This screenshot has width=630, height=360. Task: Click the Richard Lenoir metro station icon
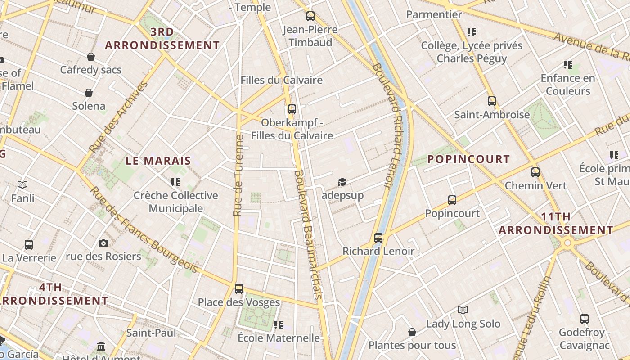[x=378, y=238]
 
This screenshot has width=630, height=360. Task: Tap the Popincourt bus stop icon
[x=452, y=200]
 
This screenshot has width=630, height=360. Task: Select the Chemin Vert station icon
[x=535, y=172]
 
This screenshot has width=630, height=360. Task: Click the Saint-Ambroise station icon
[x=492, y=101]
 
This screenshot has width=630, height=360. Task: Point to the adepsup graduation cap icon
[x=342, y=182]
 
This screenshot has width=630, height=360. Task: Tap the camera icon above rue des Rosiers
[x=103, y=243]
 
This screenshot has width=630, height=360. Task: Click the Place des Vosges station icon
[x=239, y=289]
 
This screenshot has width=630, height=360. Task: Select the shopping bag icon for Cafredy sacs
[x=91, y=57]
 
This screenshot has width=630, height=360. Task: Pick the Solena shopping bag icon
[x=89, y=93]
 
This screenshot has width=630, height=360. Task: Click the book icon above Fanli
[x=22, y=184]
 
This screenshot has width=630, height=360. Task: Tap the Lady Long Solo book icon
[x=463, y=310]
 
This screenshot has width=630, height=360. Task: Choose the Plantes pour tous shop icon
[x=412, y=332]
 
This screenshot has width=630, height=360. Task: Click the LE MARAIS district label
[x=158, y=161]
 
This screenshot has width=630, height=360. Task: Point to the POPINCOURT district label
[x=468, y=159]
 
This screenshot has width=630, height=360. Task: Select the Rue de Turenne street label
[x=238, y=175]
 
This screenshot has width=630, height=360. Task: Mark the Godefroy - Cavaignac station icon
[x=584, y=319]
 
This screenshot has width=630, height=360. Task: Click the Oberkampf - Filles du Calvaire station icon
[x=292, y=109]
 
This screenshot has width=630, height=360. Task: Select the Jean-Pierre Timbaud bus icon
[x=310, y=16]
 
